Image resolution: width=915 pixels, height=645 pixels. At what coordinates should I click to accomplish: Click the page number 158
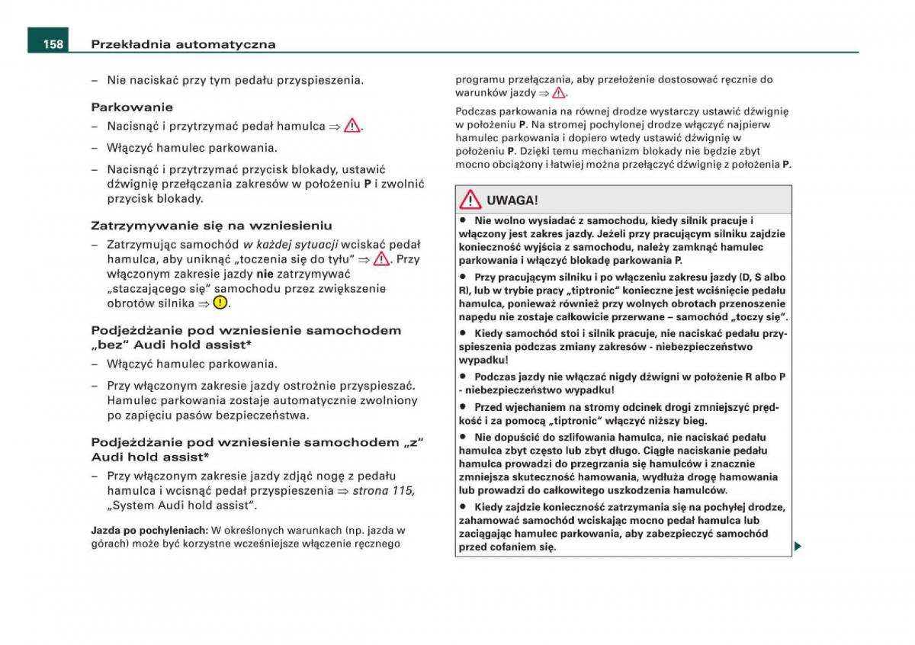click(53, 44)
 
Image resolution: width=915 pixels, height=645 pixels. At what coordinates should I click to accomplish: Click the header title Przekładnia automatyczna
click(183, 44)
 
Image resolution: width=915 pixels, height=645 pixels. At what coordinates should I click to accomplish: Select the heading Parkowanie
click(132, 107)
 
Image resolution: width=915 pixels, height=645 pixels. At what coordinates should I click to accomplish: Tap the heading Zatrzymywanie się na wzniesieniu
click(211, 226)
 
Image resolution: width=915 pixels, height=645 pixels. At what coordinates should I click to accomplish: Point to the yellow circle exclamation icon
click(220, 303)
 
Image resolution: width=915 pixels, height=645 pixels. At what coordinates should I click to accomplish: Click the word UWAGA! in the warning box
click(512, 201)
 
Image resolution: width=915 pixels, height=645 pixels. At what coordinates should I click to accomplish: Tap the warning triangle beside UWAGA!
click(471, 201)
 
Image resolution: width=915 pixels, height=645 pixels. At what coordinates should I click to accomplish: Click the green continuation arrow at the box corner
click(798, 546)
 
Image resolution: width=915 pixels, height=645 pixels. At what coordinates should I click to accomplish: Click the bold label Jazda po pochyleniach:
click(149, 530)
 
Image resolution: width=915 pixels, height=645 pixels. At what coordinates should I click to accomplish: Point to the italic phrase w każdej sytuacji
click(291, 245)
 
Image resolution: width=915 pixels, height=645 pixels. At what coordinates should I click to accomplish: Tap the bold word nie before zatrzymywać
click(265, 274)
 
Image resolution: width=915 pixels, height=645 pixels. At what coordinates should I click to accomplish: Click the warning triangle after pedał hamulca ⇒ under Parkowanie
click(352, 127)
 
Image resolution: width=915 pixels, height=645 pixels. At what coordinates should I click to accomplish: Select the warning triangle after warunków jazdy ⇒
click(559, 93)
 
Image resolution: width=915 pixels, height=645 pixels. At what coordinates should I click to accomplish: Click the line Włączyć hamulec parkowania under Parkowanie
click(191, 148)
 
